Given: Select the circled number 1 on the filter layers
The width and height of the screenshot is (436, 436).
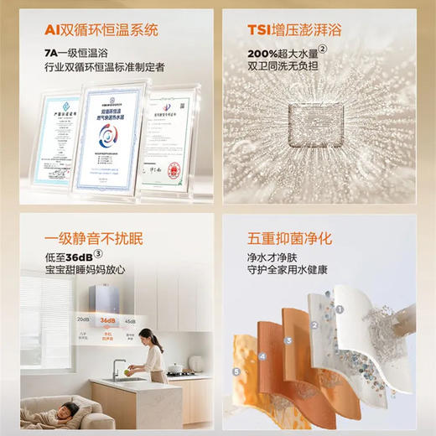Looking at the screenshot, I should point(340,308).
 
